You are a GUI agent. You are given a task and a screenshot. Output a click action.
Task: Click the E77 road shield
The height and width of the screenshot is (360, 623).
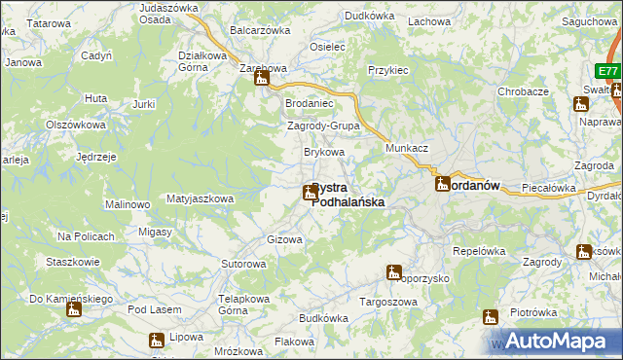tap(608, 72)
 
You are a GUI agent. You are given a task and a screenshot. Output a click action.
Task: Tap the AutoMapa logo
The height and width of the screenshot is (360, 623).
tap(551, 342)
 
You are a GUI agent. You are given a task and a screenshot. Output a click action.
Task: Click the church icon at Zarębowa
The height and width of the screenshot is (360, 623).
tap(261, 80)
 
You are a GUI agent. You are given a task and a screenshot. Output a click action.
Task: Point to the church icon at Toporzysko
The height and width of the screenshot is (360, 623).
tap(393, 272)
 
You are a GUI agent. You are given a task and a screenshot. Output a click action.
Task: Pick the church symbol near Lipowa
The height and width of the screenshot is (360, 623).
tap(156, 341)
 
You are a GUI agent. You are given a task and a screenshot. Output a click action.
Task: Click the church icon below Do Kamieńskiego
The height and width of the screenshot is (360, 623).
tap(74, 310)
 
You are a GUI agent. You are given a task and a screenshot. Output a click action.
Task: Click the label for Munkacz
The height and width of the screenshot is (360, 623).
tap(407, 146)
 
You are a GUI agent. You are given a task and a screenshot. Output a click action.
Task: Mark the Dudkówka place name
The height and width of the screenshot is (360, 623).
tap(370, 16)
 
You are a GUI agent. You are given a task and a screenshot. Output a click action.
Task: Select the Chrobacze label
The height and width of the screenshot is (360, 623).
tap(524, 90)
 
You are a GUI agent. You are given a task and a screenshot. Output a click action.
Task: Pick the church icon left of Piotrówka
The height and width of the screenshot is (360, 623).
tap(491, 316)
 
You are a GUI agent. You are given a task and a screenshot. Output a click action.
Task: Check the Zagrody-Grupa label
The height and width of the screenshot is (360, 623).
tap(324, 126)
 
